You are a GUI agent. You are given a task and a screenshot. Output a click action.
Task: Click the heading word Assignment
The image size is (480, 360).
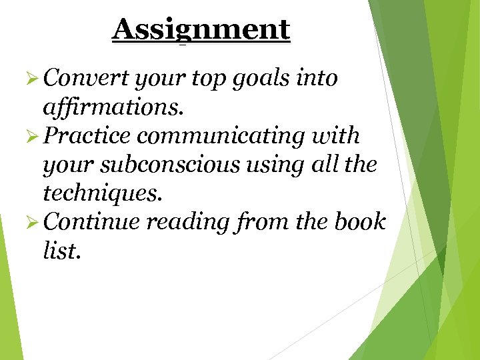(201, 30)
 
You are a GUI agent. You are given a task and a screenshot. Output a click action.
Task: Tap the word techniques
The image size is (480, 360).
(101, 193)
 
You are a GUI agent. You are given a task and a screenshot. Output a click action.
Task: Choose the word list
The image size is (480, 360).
(61, 251)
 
